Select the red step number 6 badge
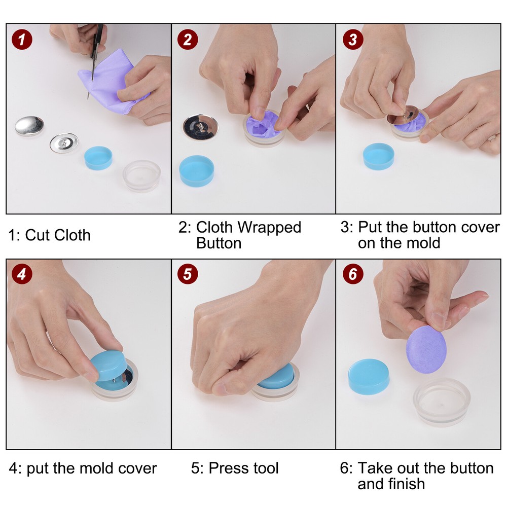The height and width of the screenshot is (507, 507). (x=353, y=274)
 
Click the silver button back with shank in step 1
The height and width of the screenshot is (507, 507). (x=64, y=142)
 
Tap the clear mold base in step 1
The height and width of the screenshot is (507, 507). (x=141, y=175)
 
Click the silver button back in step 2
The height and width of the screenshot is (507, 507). (x=201, y=126)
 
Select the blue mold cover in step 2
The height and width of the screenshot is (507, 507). (x=197, y=171)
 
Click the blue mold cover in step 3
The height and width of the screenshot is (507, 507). (x=379, y=156)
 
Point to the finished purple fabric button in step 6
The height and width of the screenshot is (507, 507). (x=425, y=350)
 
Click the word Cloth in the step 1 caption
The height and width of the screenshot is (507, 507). (x=73, y=235)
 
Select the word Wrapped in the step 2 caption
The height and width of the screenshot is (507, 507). (x=269, y=227)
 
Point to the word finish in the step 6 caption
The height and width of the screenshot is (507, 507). (x=403, y=484)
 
